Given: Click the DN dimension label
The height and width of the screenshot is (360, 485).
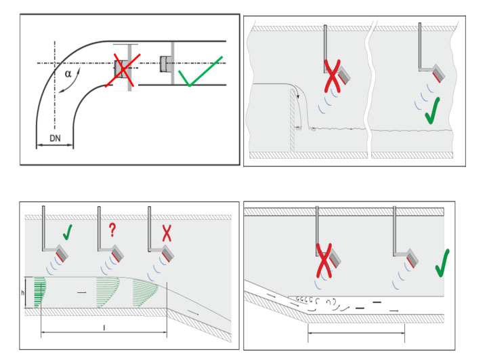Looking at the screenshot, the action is [x=55, y=138].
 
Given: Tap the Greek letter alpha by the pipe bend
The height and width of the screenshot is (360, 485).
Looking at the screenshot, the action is [x=68, y=74].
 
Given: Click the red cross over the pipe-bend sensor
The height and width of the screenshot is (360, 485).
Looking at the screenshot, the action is [x=123, y=71].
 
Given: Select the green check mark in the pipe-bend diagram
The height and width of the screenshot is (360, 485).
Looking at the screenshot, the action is [x=201, y=71].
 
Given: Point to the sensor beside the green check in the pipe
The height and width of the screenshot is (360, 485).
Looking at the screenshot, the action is [x=164, y=64].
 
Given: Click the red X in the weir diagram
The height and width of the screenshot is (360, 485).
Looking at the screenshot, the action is [x=332, y=76].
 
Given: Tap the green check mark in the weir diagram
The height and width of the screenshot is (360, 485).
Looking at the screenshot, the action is [x=432, y=111].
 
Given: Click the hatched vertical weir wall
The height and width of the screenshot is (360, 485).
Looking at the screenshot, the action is [x=293, y=121].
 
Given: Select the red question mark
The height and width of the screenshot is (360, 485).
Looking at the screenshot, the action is [x=112, y=231].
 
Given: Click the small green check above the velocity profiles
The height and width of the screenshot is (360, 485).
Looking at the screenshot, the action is [x=68, y=232].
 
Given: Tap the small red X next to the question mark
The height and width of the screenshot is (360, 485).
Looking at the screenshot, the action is [x=167, y=233].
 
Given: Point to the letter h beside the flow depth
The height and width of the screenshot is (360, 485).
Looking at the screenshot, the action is [x=22, y=292].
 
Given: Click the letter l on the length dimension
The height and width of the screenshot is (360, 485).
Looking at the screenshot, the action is [x=104, y=327].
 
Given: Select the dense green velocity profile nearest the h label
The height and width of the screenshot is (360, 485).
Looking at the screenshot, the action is [x=40, y=292].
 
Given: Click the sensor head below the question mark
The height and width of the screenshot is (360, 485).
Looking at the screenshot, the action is [x=118, y=253].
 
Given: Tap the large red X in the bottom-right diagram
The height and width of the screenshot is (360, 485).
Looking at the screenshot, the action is [x=324, y=260].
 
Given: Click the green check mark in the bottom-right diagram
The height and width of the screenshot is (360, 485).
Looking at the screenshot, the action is [x=442, y=263].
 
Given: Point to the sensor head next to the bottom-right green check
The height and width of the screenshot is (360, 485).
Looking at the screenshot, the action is [x=413, y=258].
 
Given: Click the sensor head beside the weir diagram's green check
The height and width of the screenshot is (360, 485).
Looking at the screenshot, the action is [x=438, y=73].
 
